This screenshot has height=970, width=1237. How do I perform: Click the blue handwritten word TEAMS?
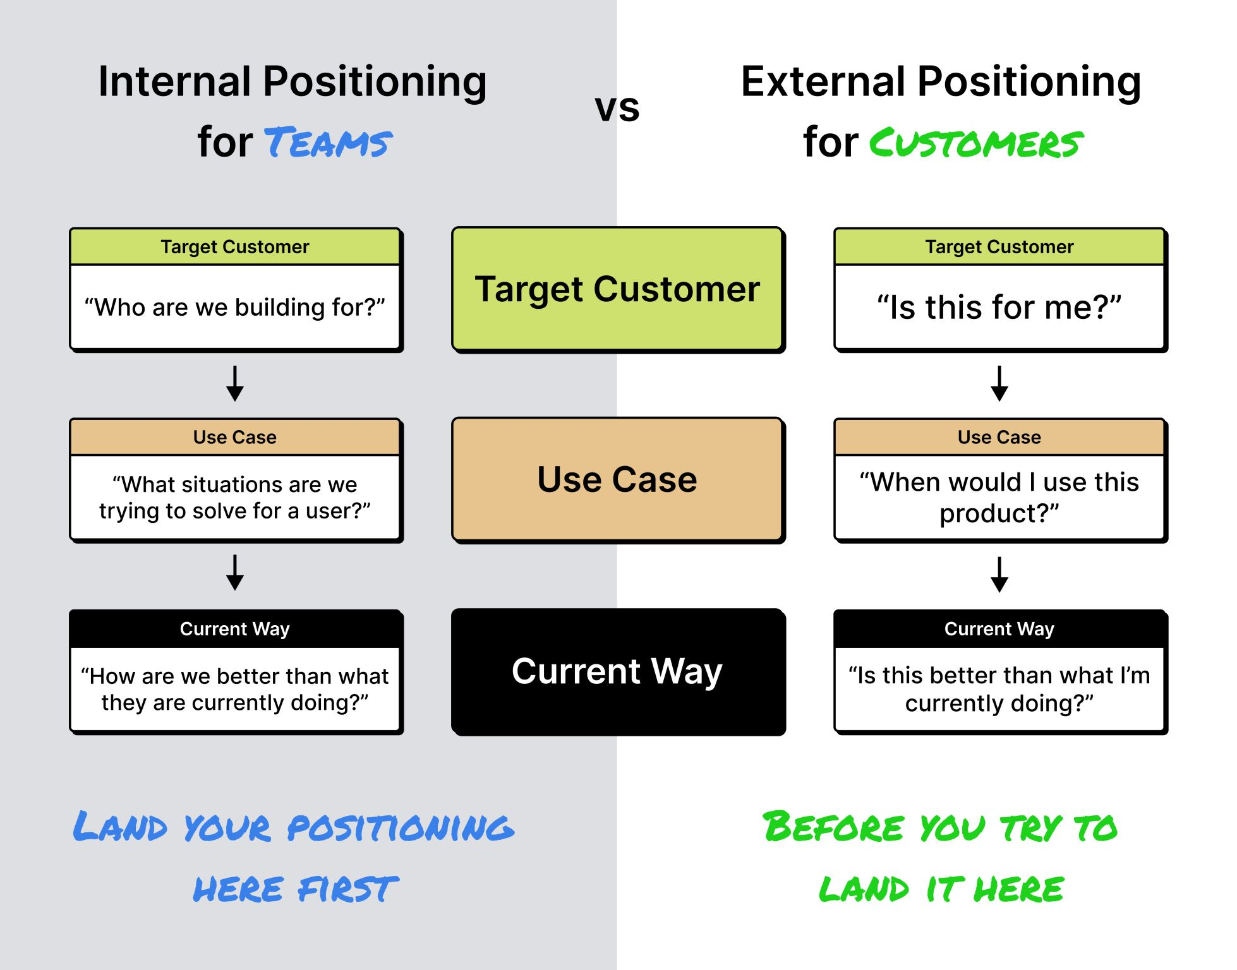(328, 143)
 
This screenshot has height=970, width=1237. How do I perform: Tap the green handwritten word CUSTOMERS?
(976, 143)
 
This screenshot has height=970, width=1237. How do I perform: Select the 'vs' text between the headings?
(617, 108)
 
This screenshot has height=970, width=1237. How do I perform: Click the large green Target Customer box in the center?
(617, 289)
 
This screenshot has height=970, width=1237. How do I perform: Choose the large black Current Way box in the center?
(617, 671)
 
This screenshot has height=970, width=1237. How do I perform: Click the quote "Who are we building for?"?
(235, 307)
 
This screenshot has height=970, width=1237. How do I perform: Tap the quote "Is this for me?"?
(999, 307)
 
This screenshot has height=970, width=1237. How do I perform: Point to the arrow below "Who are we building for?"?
(235, 383)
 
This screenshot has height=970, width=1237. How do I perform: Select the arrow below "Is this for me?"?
(999, 383)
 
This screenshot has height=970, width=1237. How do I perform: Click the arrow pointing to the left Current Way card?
(235, 573)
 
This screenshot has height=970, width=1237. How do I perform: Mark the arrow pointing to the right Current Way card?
(999, 574)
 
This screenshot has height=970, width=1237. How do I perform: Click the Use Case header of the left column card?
(235, 437)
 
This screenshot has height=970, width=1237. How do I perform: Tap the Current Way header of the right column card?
(999, 629)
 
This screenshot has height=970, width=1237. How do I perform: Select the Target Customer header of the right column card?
(999, 247)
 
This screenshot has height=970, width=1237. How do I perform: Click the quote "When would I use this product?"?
(999, 498)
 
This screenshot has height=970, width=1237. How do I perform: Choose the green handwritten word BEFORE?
(834, 827)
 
